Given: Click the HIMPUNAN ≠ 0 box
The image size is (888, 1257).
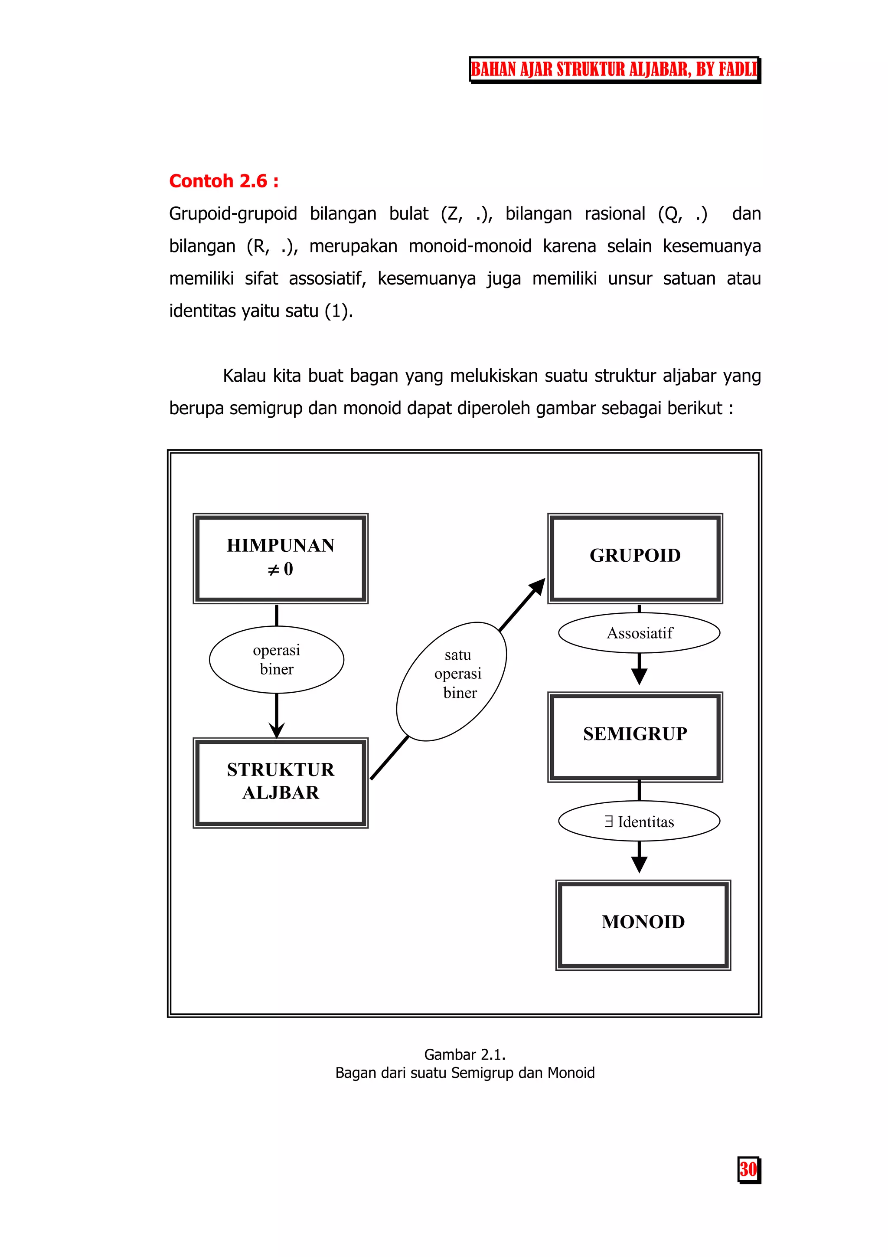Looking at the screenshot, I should pyautogui.click(x=280, y=558).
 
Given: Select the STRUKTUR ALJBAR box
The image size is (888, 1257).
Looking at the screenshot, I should pyautogui.click(x=280, y=782).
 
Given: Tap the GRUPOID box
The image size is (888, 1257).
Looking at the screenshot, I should pyautogui.click(x=635, y=558).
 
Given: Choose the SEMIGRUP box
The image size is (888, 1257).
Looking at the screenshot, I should pyautogui.click(x=635, y=737).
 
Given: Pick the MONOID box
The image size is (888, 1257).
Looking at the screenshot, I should pyautogui.click(x=643, y=925).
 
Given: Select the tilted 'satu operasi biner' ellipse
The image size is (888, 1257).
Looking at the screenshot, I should pyautogui.click(x=451, y=681).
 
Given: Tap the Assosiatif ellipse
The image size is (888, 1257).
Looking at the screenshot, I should pyautogui.click(x=639, y=633).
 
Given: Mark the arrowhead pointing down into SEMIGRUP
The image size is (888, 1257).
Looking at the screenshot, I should pyautogui.click(x=639, y=677).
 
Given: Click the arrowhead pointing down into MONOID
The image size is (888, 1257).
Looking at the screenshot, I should pyautogui.click(x=639, y=864).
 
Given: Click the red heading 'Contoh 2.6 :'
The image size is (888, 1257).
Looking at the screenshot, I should pyautogui.click(x=224, y=181).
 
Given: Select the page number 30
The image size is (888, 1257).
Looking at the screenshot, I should pyautogui.click(x=748, y=1169).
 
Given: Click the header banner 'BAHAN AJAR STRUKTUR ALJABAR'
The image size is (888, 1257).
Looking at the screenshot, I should pyautogui.click(x=614, y=69).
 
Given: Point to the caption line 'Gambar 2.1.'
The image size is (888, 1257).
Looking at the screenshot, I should pyautogui.click(x=464, y=1054).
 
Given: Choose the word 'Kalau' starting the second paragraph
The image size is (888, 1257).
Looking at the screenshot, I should pyautogui.click(x=244, y=376).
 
